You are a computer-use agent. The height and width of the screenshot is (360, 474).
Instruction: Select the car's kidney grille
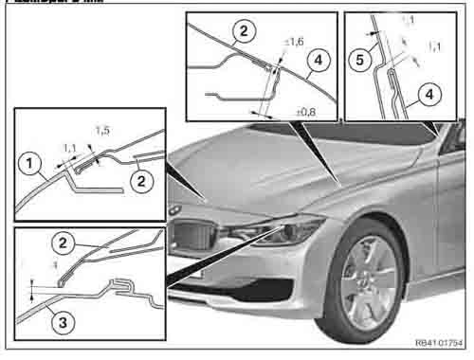(x=194, y=230)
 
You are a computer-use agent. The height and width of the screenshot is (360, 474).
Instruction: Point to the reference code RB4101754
(x=438, y=344)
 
